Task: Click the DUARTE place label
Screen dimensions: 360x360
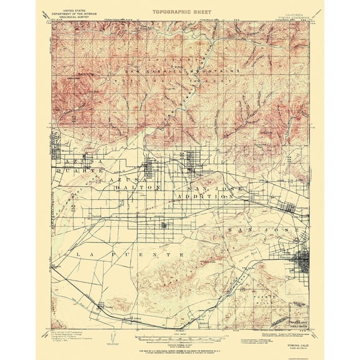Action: pyautogui.click(x=74, y=169)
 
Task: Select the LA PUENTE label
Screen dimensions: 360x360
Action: pyautogui.click(x=129, y=255)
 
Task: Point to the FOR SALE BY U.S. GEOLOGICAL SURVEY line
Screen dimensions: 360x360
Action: pyautogui.click(x=180, y=343)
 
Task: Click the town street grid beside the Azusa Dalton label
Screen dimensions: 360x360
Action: pyautogui.click(x=151, y=169)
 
